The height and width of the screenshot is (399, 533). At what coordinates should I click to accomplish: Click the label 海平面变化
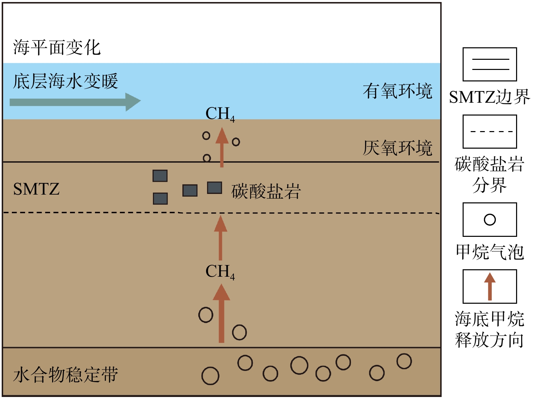click(x=57, y=47)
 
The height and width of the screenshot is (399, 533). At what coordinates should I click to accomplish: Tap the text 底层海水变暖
click(x=66, y=81)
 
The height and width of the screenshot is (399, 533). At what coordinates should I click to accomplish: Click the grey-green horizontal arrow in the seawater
click(x=75, y=102)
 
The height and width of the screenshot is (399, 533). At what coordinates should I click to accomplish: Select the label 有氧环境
click(x=398, y=91)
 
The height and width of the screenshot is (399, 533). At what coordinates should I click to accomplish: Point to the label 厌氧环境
click(x=398, y=148)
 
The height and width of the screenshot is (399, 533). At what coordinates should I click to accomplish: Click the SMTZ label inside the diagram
click(x=36, y=189)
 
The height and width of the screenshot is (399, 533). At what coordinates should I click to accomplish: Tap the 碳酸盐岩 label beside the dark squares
click(x=266, y=192)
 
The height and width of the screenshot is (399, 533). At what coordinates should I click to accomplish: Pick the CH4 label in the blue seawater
click(x=220, y=114)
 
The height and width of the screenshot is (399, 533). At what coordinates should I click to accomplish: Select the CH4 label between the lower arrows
click(x=220, y=272)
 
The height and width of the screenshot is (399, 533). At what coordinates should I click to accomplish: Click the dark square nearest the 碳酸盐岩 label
click(x=215, y=188)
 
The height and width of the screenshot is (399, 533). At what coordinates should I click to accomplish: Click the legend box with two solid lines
click(x=490, y=64)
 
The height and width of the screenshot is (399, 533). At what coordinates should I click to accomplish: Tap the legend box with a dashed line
click(x=490, y=131)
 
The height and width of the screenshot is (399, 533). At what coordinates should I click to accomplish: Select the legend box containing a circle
click(x=490, y=219)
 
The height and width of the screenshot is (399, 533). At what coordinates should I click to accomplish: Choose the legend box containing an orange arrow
click(x=490, y=286)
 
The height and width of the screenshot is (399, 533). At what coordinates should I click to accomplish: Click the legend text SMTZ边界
click(x=490, y=97)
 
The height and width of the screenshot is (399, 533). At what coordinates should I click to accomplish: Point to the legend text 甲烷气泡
click(x=490, y=252)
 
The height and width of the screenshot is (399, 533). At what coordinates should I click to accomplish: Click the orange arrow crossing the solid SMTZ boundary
click(x=222, y=147)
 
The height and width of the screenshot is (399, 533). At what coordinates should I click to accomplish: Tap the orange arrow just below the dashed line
click(x=221, y=238)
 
